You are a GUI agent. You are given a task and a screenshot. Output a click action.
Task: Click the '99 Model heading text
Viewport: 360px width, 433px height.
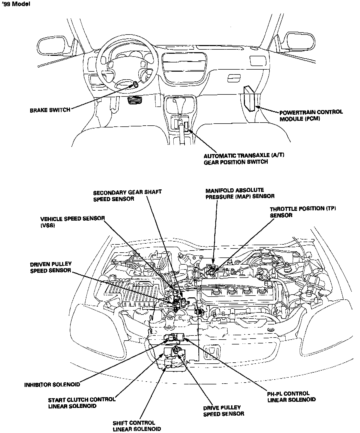tap(16, 4)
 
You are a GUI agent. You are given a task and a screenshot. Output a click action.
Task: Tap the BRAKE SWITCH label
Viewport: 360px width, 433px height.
tap(50, 110)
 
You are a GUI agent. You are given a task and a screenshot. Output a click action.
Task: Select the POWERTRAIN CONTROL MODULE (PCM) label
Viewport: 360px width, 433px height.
tap(311, 115)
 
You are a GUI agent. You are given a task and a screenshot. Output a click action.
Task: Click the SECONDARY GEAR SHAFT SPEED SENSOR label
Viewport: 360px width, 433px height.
tap(127, 196)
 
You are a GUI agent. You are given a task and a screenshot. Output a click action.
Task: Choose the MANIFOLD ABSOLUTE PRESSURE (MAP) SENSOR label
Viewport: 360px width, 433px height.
tap(240, 193)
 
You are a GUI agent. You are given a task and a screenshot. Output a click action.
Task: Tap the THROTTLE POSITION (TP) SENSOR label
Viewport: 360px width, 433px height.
tap(303, 212)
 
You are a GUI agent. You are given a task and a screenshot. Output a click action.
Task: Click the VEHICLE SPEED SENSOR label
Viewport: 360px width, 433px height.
tap(73, 222)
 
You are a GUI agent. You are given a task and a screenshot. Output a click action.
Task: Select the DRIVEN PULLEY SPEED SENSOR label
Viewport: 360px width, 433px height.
tap(51, 267)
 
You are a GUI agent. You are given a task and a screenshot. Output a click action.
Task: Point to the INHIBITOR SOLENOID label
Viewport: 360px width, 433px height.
tap(52, 384)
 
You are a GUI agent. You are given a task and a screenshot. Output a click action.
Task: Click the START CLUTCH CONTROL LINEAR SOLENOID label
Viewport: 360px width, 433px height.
tap(82, 403)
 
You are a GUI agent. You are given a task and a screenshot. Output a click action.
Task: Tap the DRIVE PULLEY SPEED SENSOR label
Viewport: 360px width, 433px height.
tap(223, 411)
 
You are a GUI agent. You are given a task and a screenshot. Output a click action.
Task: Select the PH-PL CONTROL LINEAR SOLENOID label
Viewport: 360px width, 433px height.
tap(291, 397)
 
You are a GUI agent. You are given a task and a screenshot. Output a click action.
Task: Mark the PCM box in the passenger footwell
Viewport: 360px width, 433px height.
tap(249, 98)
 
